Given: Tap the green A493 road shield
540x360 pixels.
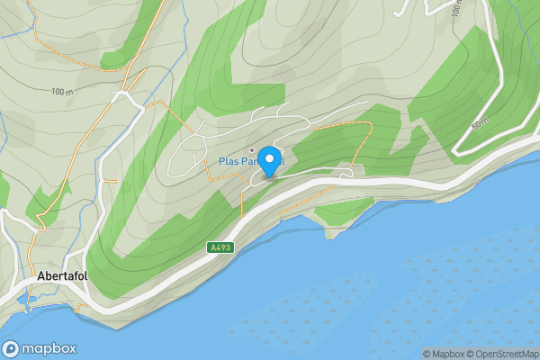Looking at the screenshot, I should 220,247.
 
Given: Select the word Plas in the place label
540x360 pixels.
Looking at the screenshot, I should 229,162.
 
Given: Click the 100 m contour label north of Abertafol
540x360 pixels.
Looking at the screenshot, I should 61,92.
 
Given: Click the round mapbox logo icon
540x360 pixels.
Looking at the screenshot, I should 12,349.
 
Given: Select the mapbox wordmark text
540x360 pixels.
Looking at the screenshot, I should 49,349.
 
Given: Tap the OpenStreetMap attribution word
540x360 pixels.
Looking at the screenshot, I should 508,354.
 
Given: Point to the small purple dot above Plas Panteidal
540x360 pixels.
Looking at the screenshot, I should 252,149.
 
